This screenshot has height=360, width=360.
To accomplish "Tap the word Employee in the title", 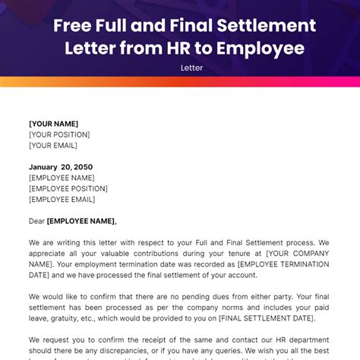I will (262, 49).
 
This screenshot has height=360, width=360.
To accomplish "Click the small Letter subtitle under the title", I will (180, 68).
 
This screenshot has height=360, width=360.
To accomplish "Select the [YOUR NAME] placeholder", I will (53, 124).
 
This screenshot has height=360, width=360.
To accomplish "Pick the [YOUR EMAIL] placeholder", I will (53, 145).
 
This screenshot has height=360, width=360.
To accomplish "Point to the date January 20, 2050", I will (61, 167).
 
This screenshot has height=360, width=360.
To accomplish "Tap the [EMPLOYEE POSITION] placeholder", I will (68, 188).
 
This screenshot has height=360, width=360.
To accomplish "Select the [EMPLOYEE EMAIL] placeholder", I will (62, 199).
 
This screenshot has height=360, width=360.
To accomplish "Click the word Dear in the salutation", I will (36, 221).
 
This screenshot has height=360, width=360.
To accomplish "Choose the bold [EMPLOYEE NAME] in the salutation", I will (82, 221).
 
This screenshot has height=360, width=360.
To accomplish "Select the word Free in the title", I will (73, 27).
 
